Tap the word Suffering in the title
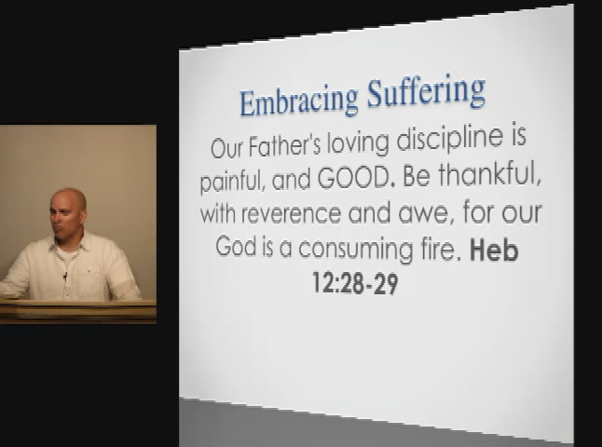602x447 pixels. tap(426, 93)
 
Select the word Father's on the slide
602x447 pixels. tap(284, 145)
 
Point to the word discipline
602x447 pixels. tap(449, 139)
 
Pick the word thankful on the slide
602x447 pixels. tap(489, 175)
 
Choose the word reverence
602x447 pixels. tap(291, 213)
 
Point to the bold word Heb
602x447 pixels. tap(494, 250)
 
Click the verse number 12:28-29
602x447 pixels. tap(356, 283)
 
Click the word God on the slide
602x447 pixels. tap(236, 246)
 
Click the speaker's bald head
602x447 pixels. tap(68, 198)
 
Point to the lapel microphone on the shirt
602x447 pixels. tap(65, 276)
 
